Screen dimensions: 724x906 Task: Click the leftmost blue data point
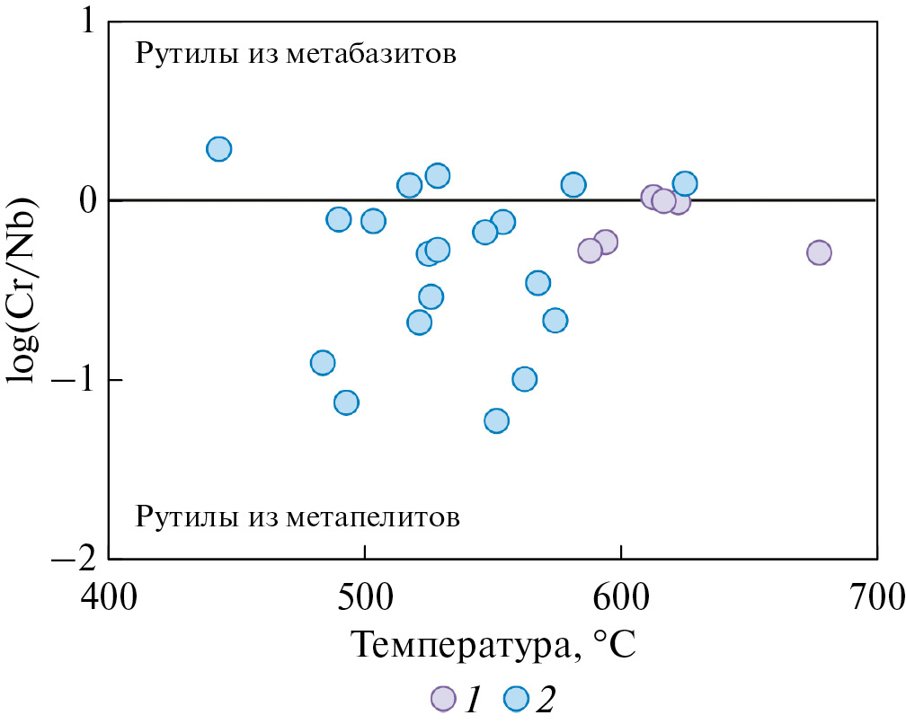pyautogui.click(x=218, y=149)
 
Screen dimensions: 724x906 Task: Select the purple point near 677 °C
pyautogui.click(x=819, y=252)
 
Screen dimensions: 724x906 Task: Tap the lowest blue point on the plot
pyautogui.click(x=496, y=420)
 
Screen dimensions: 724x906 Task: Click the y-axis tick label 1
pyautogui.click(x=87, y=22)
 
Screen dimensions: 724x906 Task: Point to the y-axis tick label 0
pyautogui.click(x=86, y=200)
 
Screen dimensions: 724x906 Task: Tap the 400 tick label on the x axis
pyautogui.click(x=108, y=595)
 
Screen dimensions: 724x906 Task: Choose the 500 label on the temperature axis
pyautogui.click(x=364, y=595)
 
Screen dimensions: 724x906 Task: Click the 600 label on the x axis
pyautogui.click(x=621, y=595)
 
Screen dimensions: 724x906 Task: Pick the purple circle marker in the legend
pyautogui.click(x=443, y=699)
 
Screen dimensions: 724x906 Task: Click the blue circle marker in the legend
pyautogui.click(x=515, y=699)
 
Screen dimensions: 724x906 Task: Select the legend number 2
pyautogui.click(x=546, y=699)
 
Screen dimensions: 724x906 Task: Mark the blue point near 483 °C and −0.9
pyautogui.click(x=323, y=363)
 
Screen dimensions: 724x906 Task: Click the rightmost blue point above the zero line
pyautogui.click(x=685, y=184)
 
